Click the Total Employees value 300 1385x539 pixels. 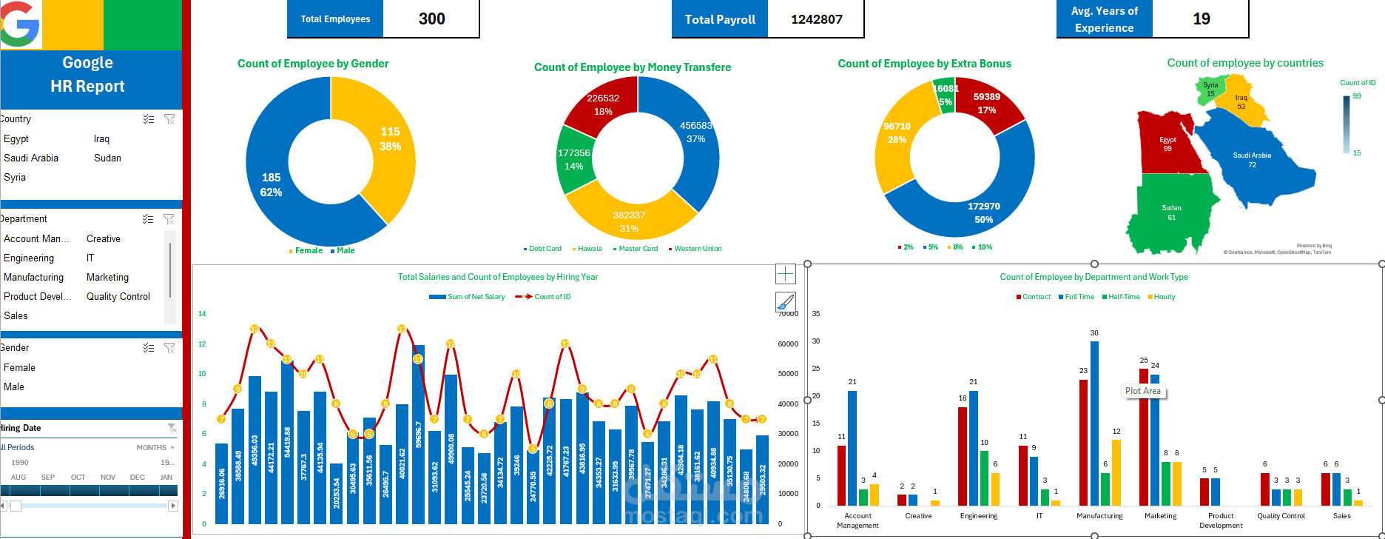click(431, 19)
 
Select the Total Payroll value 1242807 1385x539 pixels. click(816, 19)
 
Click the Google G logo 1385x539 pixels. click(19, 24)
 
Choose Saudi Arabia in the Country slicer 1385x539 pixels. click(31, 158)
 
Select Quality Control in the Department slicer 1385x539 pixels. click(118, 296)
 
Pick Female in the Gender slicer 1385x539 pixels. click(19, 367)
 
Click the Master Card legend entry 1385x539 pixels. click(638, 249)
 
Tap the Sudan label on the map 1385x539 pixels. click(1171, 208)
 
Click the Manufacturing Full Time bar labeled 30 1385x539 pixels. click(1094, 422)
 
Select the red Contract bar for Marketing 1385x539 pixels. click(1144, 437)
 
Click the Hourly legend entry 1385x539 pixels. click(1164, 297)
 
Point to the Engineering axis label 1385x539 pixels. click(978, 516)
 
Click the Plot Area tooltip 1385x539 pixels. click(1143, 391)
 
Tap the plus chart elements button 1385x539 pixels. click(785, 274)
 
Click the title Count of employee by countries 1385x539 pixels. click(1245, 63)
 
